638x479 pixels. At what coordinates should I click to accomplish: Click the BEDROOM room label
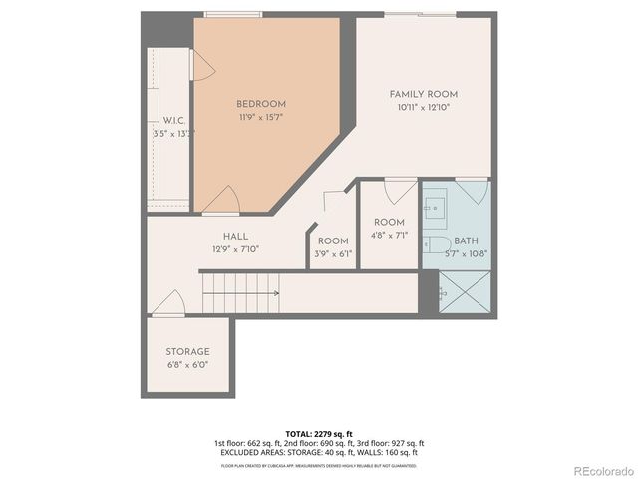[261, 104]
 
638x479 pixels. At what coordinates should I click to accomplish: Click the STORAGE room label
[187, 352]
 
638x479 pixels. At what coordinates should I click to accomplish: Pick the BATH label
[467, 241]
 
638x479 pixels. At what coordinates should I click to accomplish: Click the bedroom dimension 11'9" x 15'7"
[261, 117]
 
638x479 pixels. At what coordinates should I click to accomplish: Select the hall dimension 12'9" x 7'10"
[236, 249]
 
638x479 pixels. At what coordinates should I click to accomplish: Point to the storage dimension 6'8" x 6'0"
[187, 365]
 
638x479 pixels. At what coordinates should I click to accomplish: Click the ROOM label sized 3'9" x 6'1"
[333, 241]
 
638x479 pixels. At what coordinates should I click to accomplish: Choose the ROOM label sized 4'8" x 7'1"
[389, 222]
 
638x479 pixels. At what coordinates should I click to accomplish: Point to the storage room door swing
[169, 303]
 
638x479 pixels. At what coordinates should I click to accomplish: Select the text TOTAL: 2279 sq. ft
[319, 434]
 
